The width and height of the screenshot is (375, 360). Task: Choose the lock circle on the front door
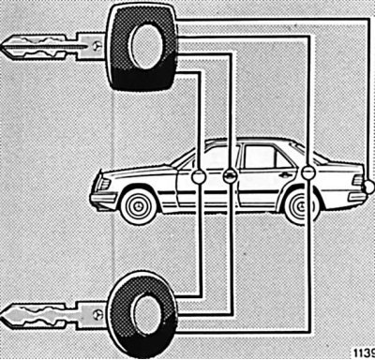tap(198, 175)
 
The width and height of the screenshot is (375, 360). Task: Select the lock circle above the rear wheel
tap(307, 172)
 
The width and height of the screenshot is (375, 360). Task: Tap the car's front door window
tap(212, 157)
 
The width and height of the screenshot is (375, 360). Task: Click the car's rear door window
tap(255, 157)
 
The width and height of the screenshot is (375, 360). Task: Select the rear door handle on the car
tap(283, 174)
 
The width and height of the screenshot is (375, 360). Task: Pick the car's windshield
tap(185, 157)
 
